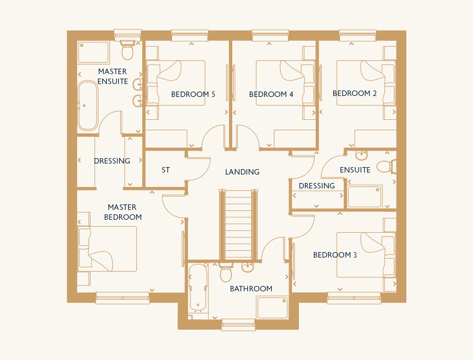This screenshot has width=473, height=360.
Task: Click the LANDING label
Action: (x=242, y=172)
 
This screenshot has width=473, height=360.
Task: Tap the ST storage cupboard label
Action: (x=166, y=170)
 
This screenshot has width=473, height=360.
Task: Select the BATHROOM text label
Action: (x=251, y=289)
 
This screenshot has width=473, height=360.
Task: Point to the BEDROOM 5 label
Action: (x=193, y=94)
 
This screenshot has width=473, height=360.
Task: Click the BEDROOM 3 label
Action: (x=335, y=255)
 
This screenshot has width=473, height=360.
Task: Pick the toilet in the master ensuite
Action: (x=128, y=50)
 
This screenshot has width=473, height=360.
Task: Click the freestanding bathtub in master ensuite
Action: (x=88, y=105)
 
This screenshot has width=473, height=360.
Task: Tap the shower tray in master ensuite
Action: (x=93, y=52)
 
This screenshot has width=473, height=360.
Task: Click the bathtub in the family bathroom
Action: (x=198, y=288)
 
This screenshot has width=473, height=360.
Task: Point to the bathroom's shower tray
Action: (x=273, y=307)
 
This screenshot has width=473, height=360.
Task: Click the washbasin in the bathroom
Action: (x=248, y=267)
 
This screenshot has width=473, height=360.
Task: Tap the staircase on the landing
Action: (x=238, y=225)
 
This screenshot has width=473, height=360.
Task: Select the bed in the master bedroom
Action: (x=107, y=249)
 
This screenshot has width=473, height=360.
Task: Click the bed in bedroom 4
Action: (x=285, y=83)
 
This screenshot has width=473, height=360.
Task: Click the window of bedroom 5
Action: (x=189, y=35)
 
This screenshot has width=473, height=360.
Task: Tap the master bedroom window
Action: (x=122, y=298)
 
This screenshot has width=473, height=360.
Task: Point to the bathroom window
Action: (x=238, y=325)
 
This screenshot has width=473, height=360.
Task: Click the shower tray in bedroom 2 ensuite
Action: (x=365, y=196)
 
